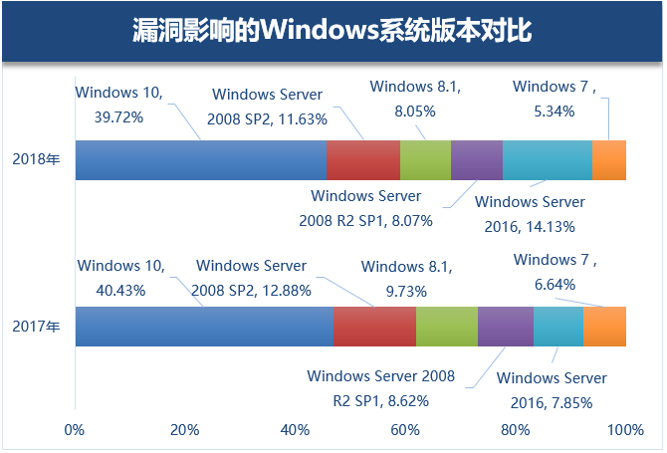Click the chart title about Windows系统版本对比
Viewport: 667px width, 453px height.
(x=333, y=31)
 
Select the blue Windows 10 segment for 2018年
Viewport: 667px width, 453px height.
(x=200, y=160)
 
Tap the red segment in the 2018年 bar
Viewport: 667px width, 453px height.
(x=362, y=160)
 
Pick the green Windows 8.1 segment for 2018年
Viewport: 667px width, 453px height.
(x=425, y=160)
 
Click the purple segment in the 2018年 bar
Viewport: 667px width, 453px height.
(x=476, y=160)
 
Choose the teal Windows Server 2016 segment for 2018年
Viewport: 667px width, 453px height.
(x=547, y=160)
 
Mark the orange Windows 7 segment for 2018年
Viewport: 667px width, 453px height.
(x=608, y=160)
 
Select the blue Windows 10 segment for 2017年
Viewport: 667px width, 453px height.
(x=204, y=326)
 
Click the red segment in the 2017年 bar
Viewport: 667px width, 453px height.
(x=374, y=326)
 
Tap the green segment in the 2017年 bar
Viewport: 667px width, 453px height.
(x=446, y=326)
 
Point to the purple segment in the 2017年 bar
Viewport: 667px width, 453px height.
(x=505, y=326)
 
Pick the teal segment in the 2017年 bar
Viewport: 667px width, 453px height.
(x=557, y=326)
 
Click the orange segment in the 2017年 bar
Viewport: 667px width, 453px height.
(x=604, y=326)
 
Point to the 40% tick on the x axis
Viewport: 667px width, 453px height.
(x=295, y=430)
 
